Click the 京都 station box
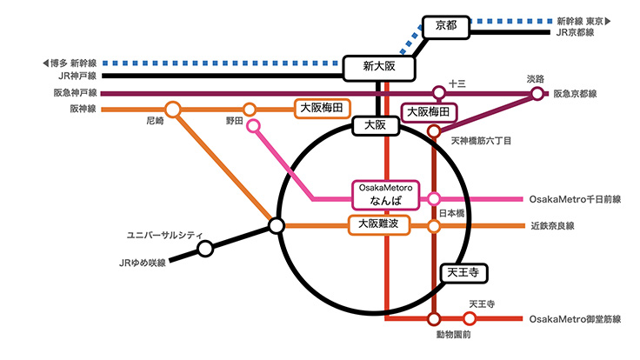tap(445, 28)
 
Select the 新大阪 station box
tap(379, 66)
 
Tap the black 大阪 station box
tap(376, 126)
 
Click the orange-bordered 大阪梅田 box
tap(321, 109)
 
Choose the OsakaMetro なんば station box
tap(384, 194)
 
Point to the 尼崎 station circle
tap(172, 110)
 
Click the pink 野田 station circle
tap(253, 126)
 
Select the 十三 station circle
tap(439, 92)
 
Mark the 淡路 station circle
tap(537, 92)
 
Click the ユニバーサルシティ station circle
tap(205, 249)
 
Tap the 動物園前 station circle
tap(434, 319)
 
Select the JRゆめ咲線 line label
tap(141, 262)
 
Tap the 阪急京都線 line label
tap(582, 93)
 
